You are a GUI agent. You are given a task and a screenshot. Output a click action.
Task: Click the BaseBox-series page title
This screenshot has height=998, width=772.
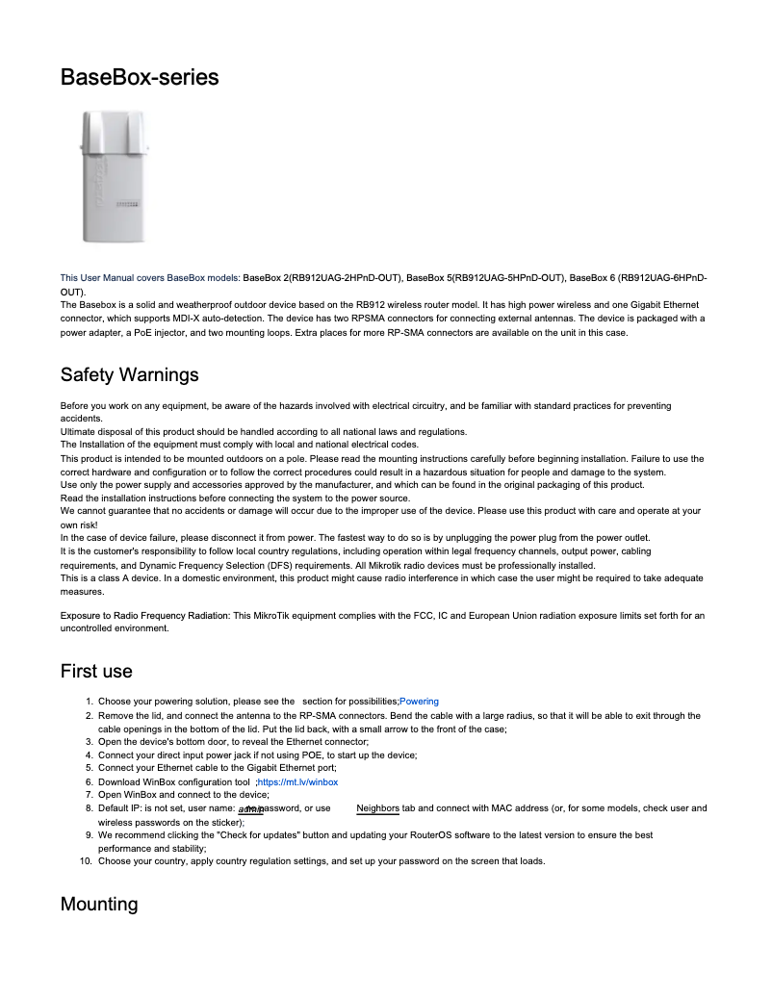pyautogui.click(x=140, y=77)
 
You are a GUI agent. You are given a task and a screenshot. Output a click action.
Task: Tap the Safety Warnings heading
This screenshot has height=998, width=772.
pyautogui.click(x=129, y=373)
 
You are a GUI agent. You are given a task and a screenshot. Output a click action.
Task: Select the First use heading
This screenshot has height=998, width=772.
pyautogui.click(x=96, y=671)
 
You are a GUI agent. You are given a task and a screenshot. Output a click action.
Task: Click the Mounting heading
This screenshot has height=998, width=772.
pyautogui.click(x=99, y=905)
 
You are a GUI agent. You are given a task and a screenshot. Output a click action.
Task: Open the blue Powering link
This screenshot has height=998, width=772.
pyautogui.click(x=419, y=702)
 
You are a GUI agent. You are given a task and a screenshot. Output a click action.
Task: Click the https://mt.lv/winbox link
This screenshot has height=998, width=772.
pyautogui.click(x=298, y=782)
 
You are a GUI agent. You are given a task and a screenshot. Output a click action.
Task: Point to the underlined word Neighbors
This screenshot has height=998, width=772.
pyautogui.click(x=377, y=808)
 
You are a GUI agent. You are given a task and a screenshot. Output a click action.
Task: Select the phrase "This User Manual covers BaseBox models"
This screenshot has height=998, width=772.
pyautogui.click(x=150, y=278)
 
